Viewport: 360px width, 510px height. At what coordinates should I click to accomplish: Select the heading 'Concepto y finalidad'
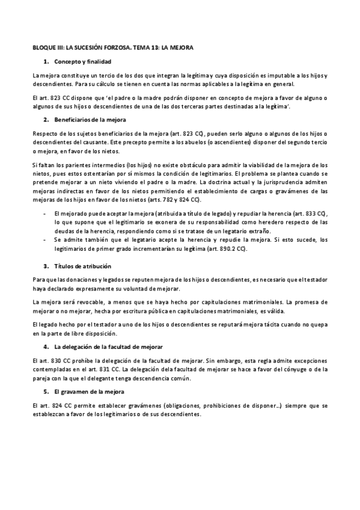pos(82,62)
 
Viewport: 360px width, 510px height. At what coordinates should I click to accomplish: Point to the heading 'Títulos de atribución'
pos(83,266)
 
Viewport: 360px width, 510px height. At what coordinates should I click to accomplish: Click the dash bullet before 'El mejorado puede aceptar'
pos(45,214)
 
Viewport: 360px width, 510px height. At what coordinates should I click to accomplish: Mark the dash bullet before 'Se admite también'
pos(45,239)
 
